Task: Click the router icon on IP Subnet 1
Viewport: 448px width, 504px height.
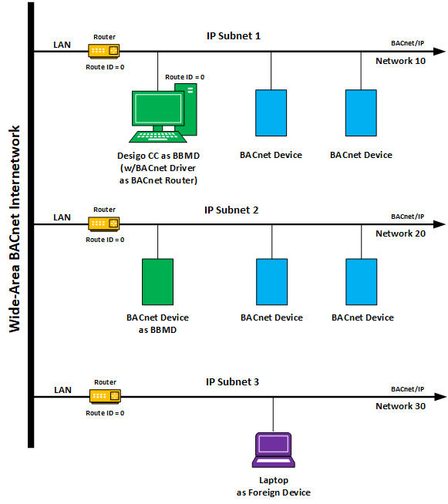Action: (x=104, y=51)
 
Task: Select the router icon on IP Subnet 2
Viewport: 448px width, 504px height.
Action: (x=104, y=223)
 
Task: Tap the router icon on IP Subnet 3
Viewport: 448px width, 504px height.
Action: (x=105, y=396)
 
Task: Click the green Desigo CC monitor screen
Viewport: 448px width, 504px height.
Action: (x=158, y=109)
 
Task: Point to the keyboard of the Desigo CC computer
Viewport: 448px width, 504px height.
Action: (x=157, y=136)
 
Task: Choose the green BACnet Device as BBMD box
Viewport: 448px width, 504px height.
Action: (x=157, y=282)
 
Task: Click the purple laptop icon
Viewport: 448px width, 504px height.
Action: (x=274, y=450)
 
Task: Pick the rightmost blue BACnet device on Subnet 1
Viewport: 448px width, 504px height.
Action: (x=361, y=113)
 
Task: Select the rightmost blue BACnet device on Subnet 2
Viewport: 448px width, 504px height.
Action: (x=361, y=282)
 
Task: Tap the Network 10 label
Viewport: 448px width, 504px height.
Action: (x=400, y=61)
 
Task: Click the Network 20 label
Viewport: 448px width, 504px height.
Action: (x=400, y=234)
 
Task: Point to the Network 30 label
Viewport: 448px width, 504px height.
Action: (x=400, y=406)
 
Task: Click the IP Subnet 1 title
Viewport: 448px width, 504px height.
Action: (x=234, y=35)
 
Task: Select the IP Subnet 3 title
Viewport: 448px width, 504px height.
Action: (x=232, y=382)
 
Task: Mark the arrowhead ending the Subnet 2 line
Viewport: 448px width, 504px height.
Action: (x=440, y=224)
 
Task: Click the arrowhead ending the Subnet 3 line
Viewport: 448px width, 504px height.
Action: (x=440, y=397)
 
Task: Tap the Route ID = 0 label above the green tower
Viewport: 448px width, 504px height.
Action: (x=184, y=77)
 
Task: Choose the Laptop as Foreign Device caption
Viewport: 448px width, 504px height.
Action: (x=274, y=486)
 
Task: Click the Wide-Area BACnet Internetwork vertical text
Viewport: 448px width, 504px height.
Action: (x=14, y=229)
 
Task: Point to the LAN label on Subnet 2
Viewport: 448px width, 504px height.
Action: (x=62, y=217)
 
